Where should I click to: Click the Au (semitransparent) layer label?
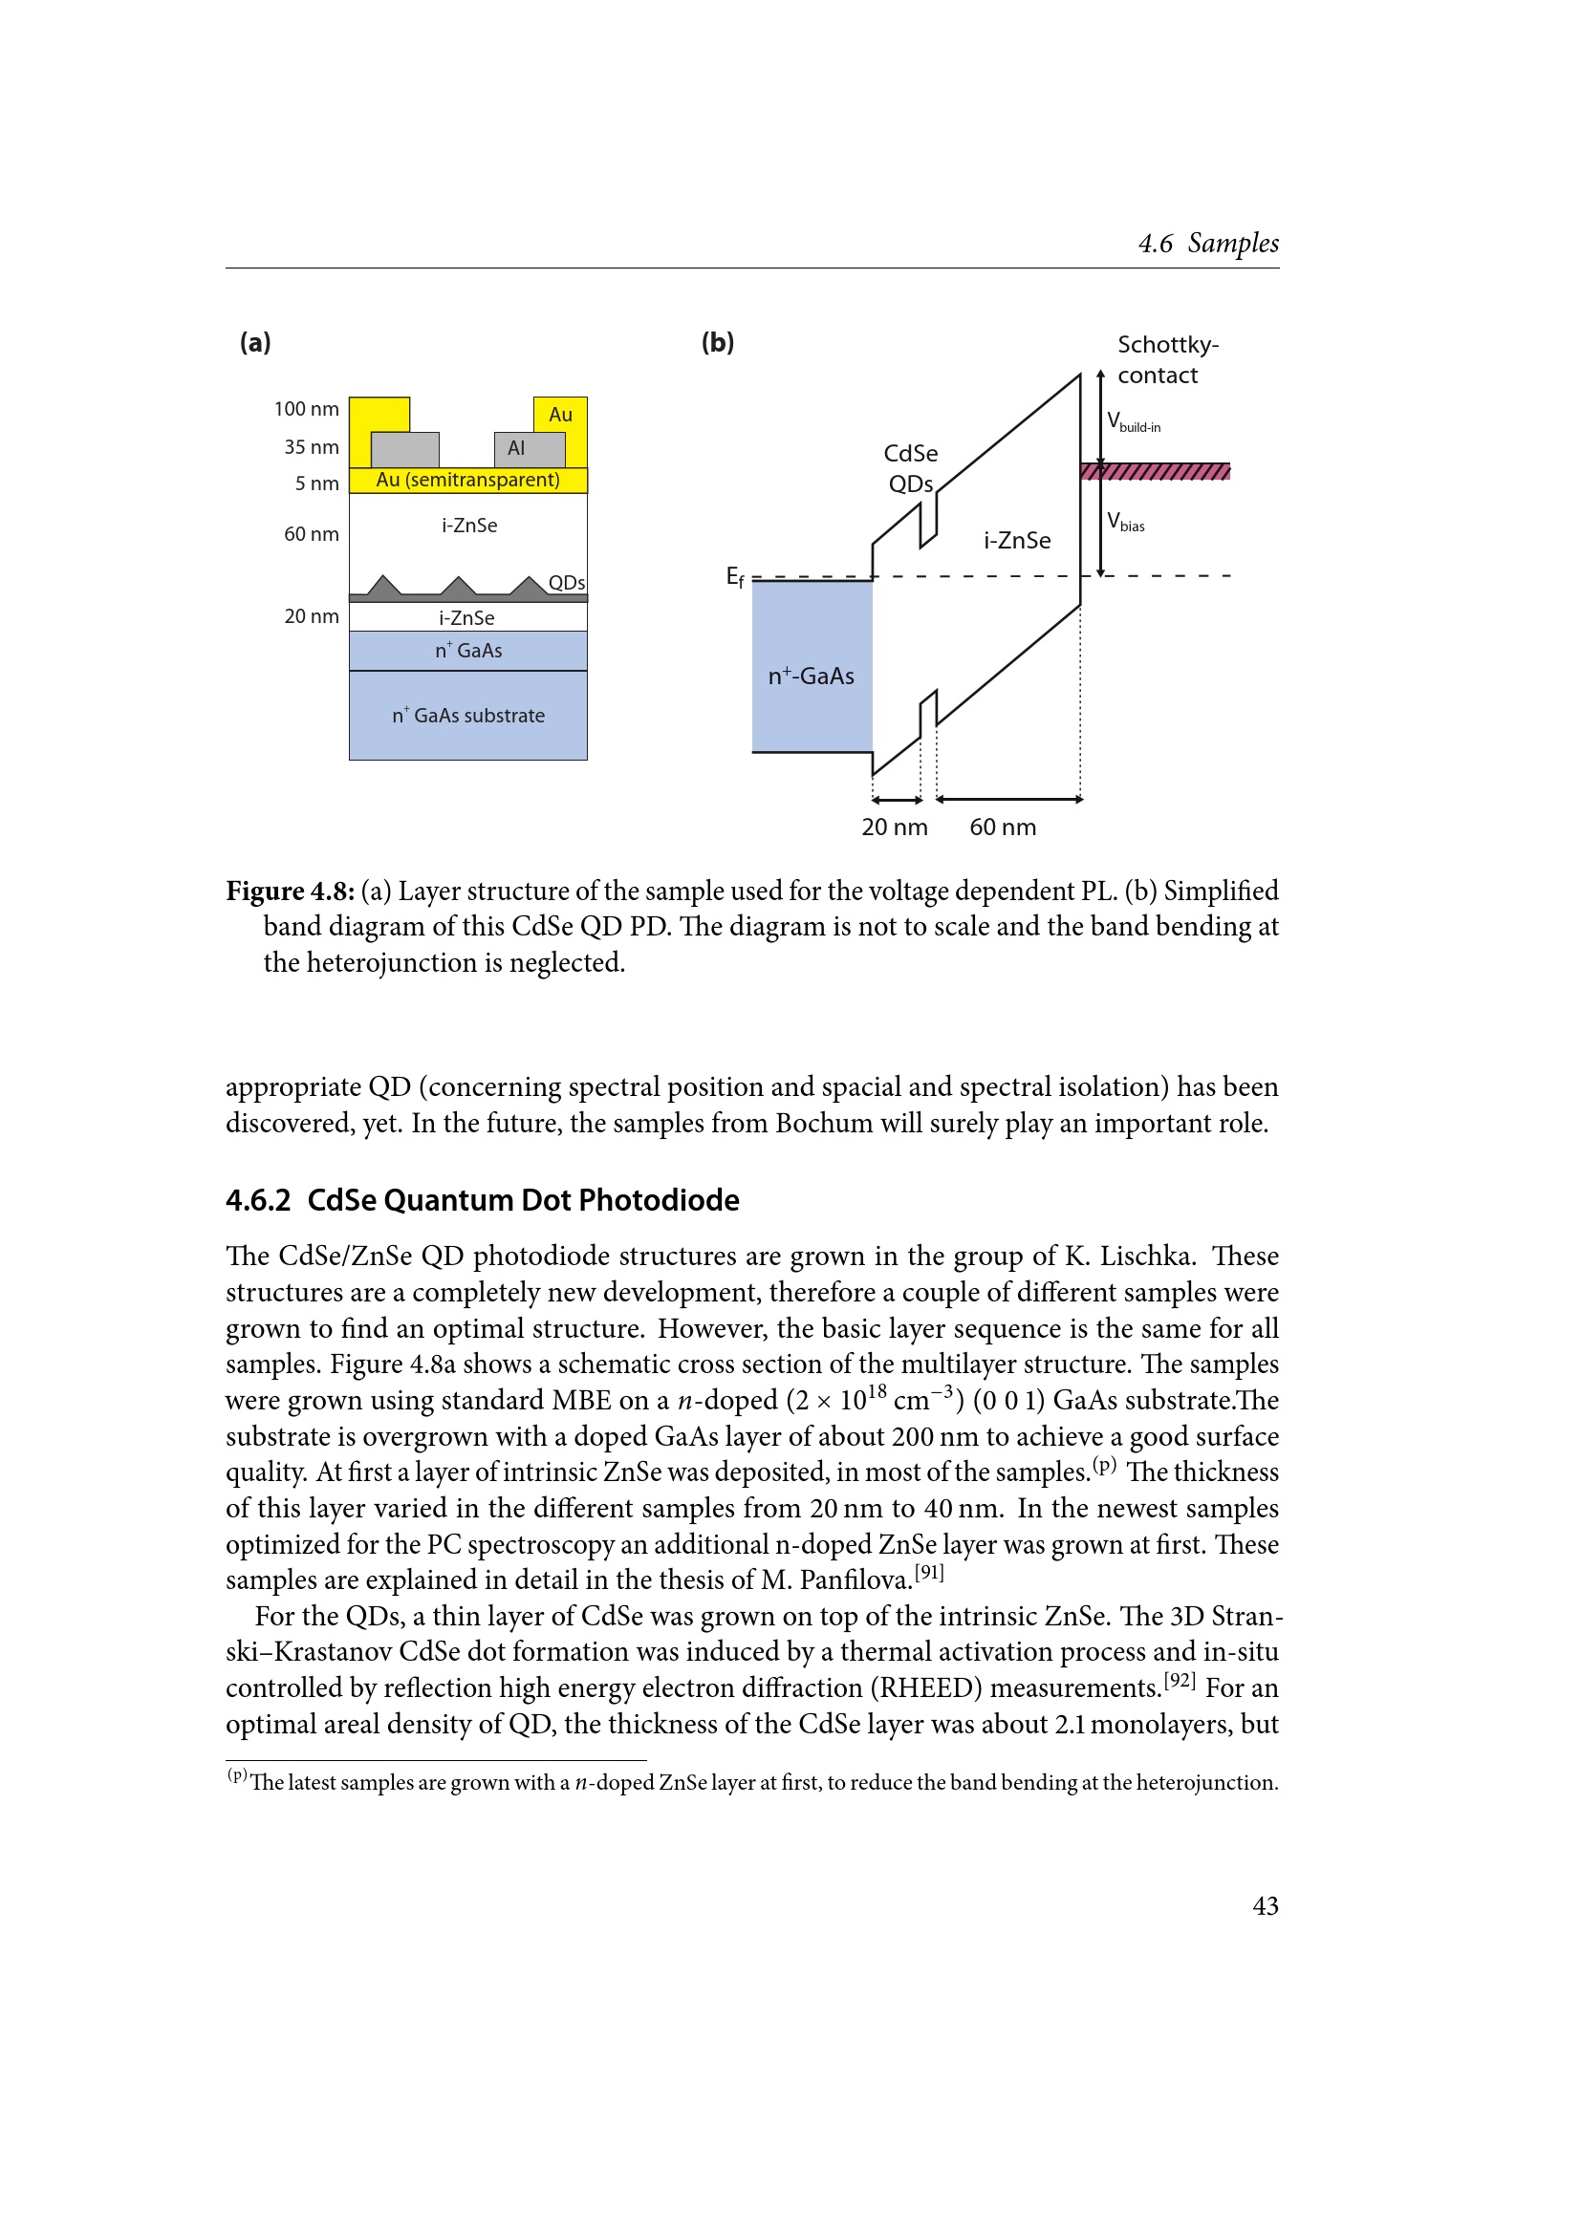[467, 480]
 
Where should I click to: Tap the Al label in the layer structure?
[516, 448]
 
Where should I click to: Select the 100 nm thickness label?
[306, 409]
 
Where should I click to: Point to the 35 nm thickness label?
[312, 447]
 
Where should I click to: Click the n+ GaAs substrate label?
[468, 716]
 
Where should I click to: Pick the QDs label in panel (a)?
[566, 583]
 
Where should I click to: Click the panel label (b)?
[718, 342]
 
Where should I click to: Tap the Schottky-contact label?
[1166, 359]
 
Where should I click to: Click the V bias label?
[1125, 522]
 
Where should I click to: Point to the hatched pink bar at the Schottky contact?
[1155, 472]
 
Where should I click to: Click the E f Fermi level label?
[735, 577]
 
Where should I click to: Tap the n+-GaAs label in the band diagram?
[810, 676]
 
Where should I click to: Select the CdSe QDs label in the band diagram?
[910, 468]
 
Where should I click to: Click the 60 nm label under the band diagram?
[1002, 827]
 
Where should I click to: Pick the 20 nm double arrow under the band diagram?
[897, 800]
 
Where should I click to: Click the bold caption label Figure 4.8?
[291, 891]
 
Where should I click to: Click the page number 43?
[1265, 1905]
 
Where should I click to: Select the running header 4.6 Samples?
[1208, 244]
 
